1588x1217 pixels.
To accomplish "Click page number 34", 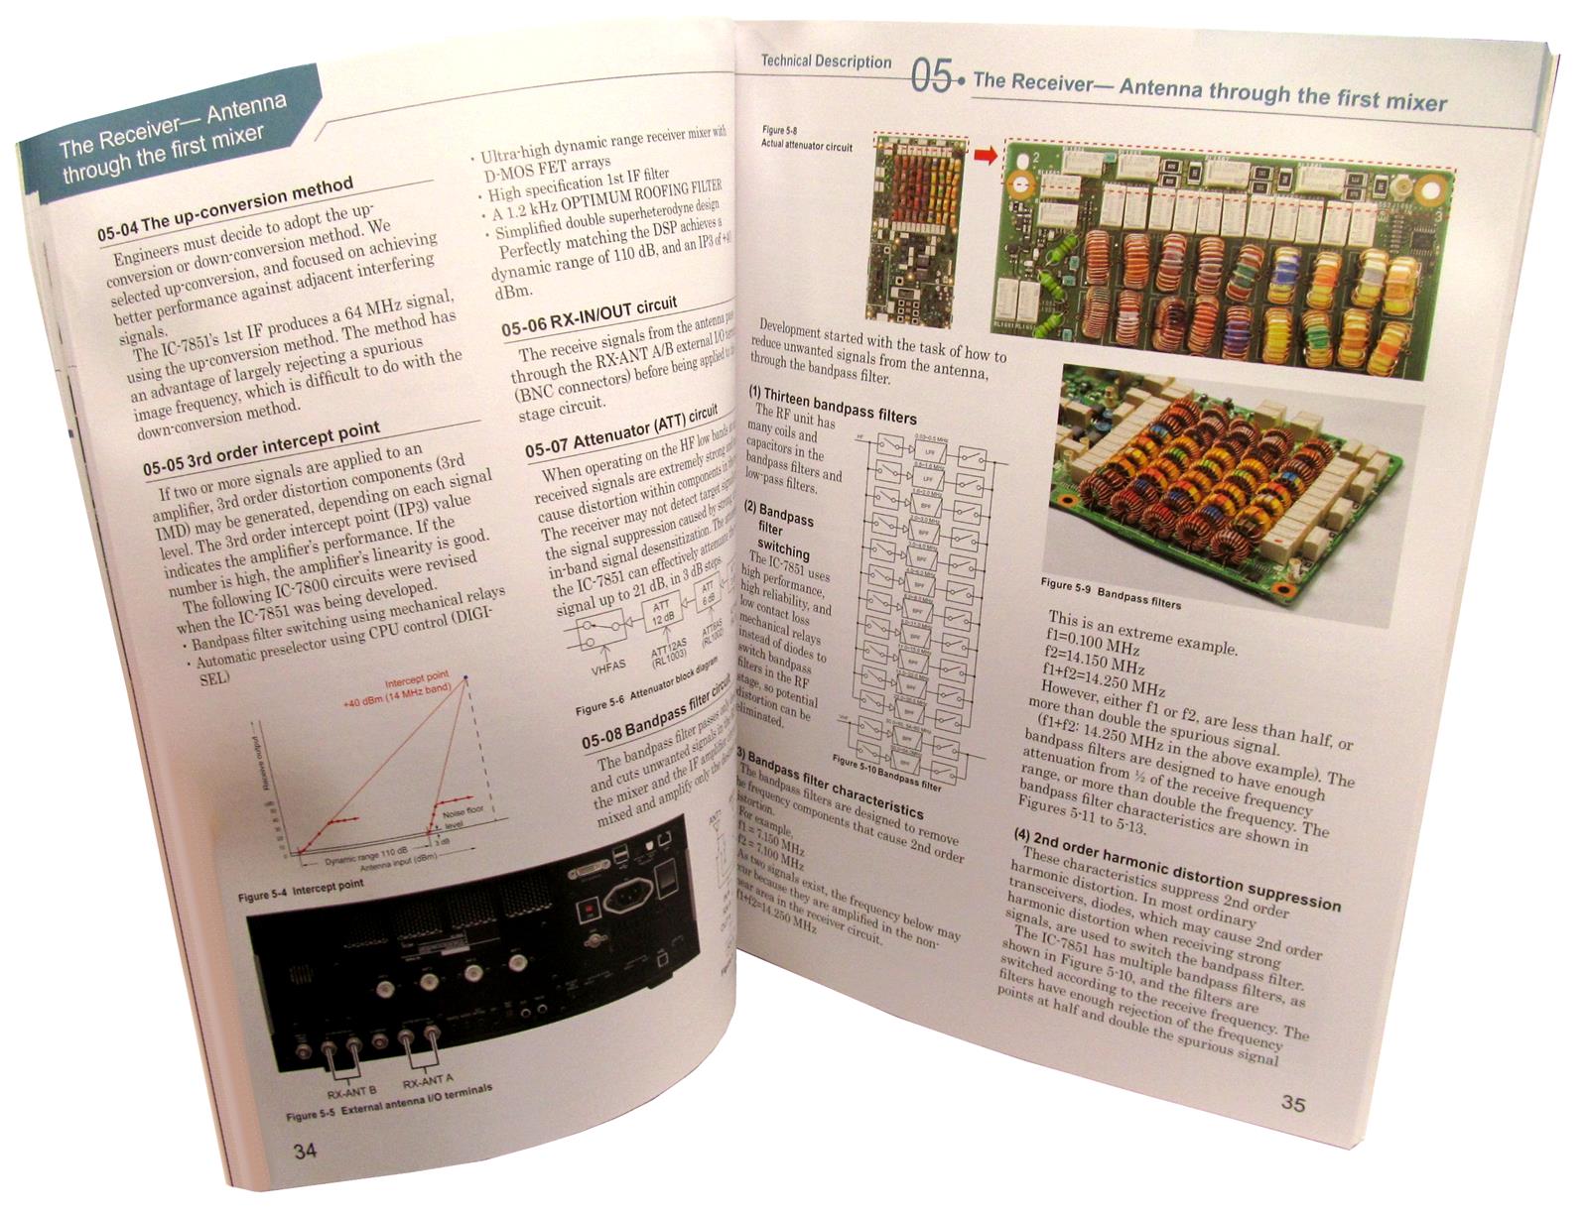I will tap(305, 1151).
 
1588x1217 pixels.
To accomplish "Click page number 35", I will tap(1293, 1103).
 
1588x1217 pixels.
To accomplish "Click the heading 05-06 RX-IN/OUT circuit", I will tap(589, 316).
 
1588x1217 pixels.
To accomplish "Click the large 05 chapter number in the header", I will tap(931, 76).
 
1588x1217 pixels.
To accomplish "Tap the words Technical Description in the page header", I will tap(826, 61).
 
